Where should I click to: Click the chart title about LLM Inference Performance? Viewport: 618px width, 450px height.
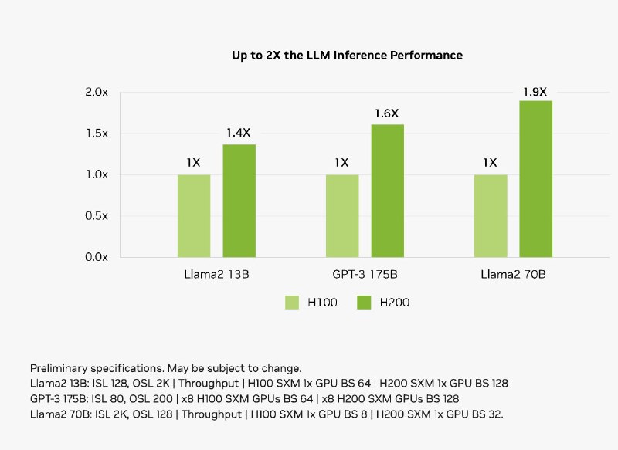point(347,56)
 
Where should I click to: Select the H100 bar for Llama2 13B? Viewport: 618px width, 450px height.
point(194,215)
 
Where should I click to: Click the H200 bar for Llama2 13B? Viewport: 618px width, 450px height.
point(239,201)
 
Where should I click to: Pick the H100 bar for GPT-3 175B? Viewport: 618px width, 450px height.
point(342,215)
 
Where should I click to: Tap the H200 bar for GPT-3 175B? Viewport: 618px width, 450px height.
point(387,191)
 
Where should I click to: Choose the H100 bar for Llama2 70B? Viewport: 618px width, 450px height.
point(491,215)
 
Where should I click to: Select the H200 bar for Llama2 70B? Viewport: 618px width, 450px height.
point(535,178)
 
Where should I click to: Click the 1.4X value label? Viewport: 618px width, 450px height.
point(239,133)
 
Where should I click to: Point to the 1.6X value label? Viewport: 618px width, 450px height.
point(387,113)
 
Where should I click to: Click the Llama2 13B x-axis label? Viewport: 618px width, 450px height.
point(216,274)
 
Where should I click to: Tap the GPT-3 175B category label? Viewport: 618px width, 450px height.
point(365,274)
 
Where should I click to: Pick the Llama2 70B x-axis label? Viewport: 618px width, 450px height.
point(513,274)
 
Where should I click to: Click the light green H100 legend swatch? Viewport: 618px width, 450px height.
point(292,303)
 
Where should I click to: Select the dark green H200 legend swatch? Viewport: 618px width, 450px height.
point(364,303)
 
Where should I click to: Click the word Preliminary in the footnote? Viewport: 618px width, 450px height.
point(59,368)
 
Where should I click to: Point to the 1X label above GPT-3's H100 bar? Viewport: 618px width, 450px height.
point(342,163)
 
